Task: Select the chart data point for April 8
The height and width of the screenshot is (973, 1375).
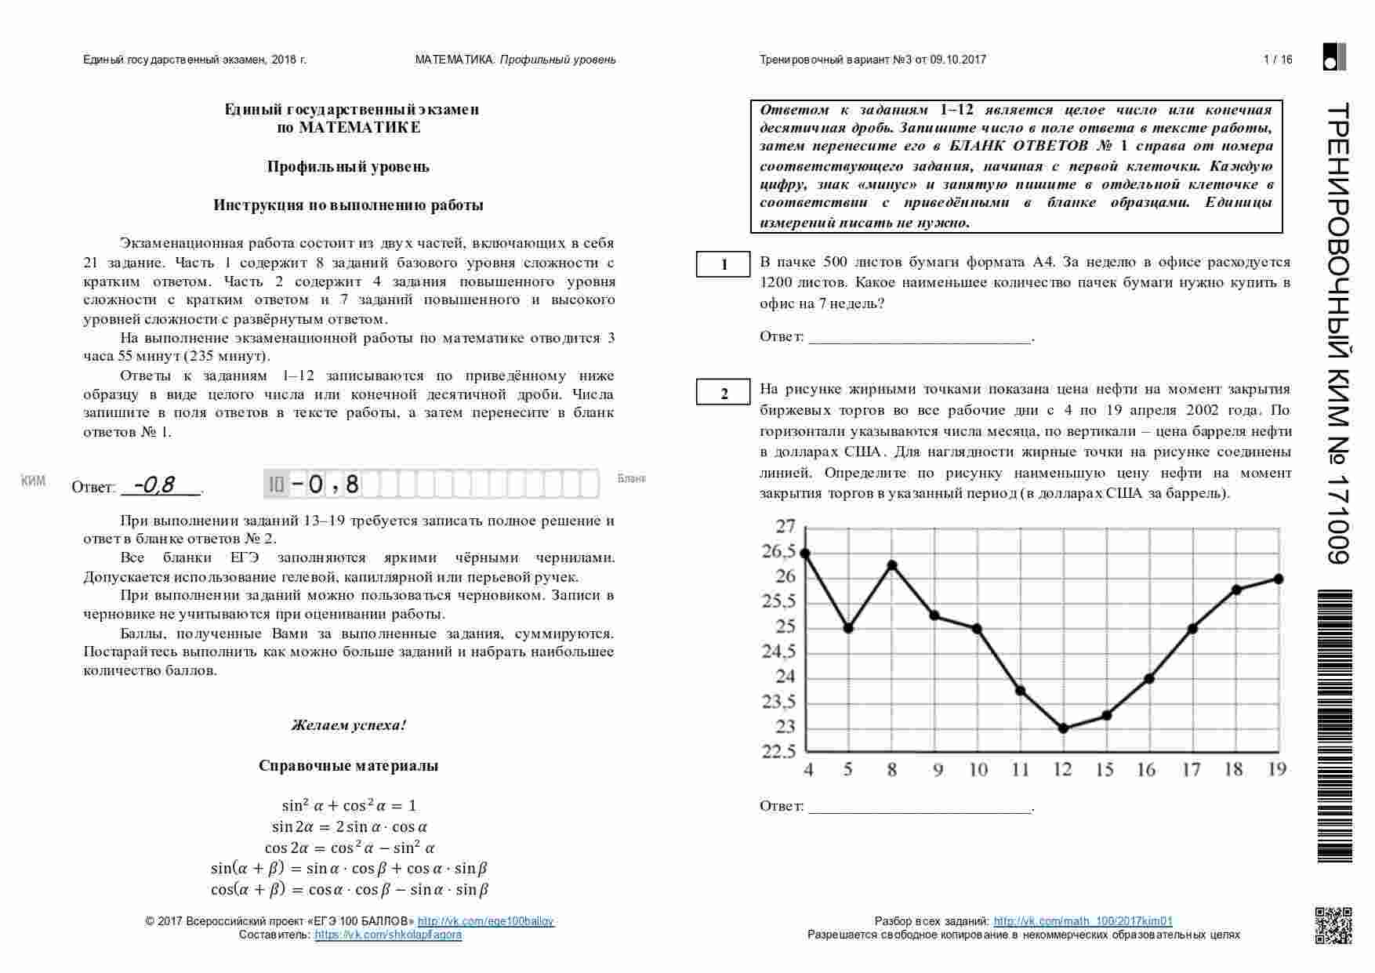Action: tap(891, 565)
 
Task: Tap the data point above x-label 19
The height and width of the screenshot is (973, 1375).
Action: tap(1279, 579)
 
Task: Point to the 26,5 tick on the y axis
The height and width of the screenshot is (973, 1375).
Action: tap(778, 552)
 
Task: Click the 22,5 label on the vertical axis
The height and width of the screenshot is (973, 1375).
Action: tap(778, 752)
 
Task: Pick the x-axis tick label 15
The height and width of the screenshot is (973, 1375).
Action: tap(1105, 770)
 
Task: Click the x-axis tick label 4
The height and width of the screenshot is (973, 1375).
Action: tap(808, 770)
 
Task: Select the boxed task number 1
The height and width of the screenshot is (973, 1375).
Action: tap(724, 265)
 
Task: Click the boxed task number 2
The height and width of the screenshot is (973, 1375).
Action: tap(724, 393)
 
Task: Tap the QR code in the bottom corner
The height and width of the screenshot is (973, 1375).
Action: tap(1333, 925)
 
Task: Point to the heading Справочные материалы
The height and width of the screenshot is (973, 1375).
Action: tap(349, 766)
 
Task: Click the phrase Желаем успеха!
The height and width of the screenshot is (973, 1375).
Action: tap(349, 725)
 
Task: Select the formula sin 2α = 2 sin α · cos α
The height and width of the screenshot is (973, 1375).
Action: tap(350, 826)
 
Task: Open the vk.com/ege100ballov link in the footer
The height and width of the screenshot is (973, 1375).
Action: tap(486, 921)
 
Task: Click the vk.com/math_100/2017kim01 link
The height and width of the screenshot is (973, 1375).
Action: tap(1083, 921)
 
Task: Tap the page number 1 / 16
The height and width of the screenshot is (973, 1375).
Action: tap(1278, 60)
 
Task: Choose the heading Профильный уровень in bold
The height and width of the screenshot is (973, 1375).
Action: tap(349, 166)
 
